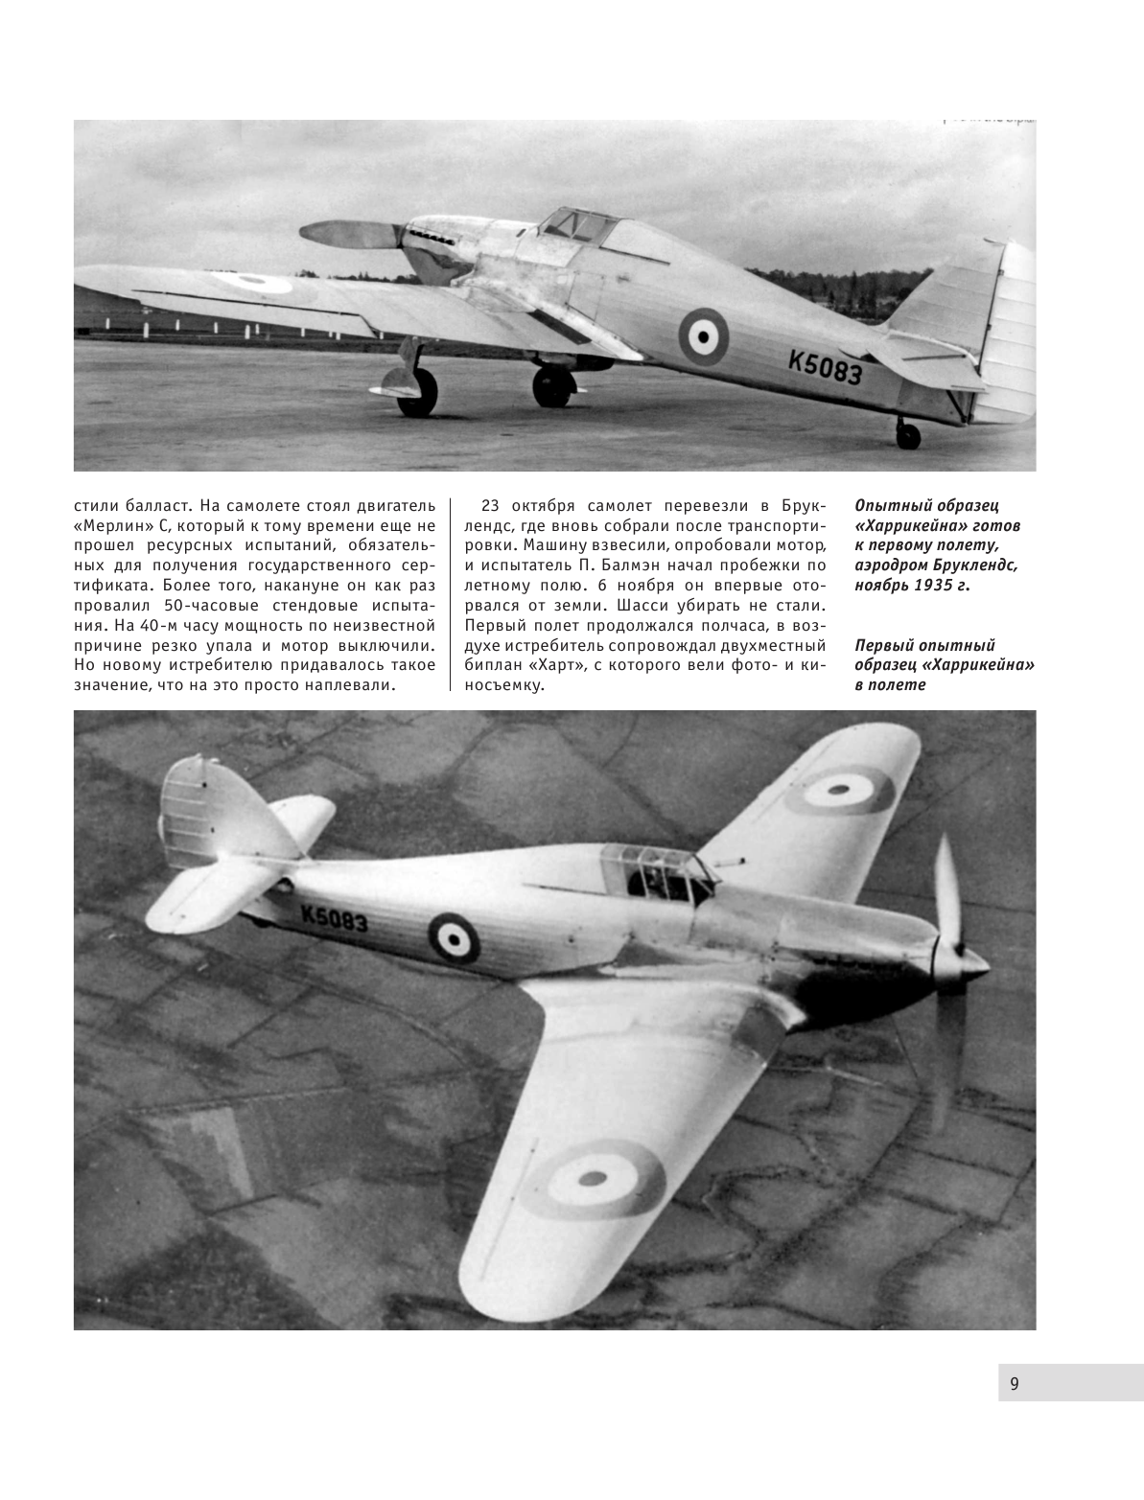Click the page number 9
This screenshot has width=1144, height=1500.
tap(1015, 1383)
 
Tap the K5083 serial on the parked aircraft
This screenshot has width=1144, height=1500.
tap(825, 363)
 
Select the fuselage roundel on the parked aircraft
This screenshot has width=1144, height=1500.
tap(703, 335)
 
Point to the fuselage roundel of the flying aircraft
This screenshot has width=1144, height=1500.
tap(454, 937)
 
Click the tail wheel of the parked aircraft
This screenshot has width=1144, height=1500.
tap(907, 436)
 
